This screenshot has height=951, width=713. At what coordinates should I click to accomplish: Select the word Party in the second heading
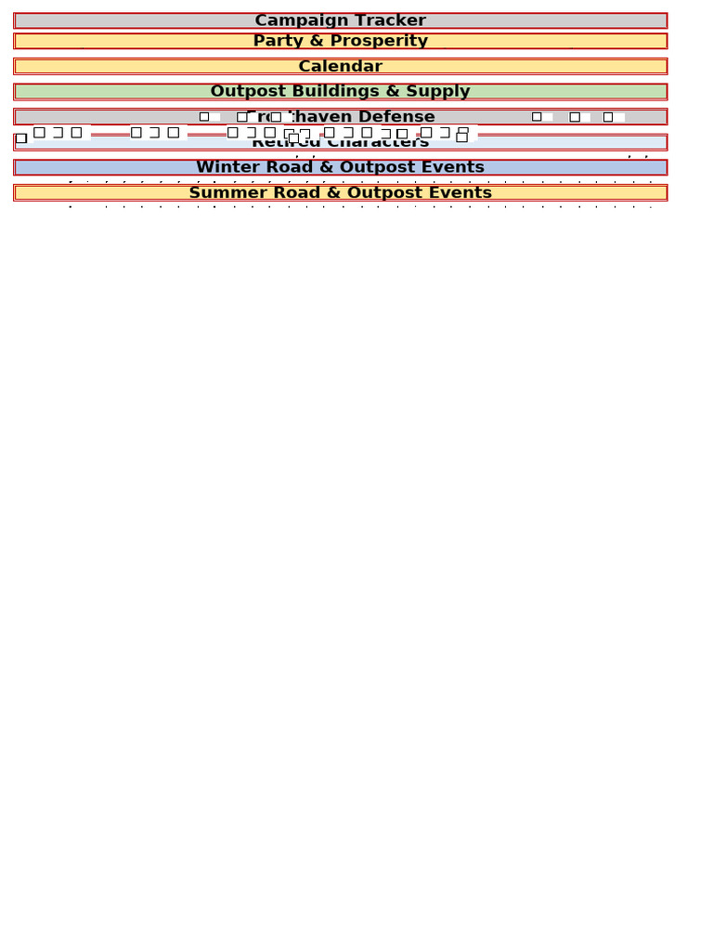277,41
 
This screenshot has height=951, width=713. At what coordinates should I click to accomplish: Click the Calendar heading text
340,66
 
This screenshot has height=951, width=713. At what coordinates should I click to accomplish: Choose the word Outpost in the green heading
245,91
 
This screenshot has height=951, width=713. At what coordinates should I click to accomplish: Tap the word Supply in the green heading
438,91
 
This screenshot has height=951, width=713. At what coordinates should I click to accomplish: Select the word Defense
401,117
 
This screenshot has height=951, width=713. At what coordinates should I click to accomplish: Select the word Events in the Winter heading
453,167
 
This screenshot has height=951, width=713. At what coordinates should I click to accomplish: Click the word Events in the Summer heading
460,192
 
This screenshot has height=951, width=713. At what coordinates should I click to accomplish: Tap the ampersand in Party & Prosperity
315,41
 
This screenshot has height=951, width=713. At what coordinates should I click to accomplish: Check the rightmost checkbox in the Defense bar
608,117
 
